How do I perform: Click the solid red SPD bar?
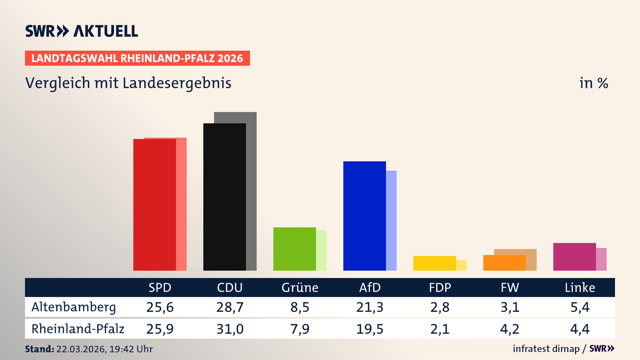155,205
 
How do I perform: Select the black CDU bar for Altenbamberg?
225,197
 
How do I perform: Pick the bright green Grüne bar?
295,249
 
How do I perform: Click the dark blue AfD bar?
365,216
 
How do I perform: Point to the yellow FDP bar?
435,263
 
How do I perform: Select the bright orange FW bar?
505,263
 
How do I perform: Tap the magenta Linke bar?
575,257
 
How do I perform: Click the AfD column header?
370,287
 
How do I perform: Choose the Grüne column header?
300,287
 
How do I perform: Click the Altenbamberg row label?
74,307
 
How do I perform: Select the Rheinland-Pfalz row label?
78,329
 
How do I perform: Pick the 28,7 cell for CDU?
230,307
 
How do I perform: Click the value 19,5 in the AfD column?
370,329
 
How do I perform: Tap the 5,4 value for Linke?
580,307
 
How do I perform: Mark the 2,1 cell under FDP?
440,329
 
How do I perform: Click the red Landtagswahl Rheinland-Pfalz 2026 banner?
137,58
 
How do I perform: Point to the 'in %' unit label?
593,83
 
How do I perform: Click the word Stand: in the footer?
39,349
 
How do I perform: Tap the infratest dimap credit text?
546,349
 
